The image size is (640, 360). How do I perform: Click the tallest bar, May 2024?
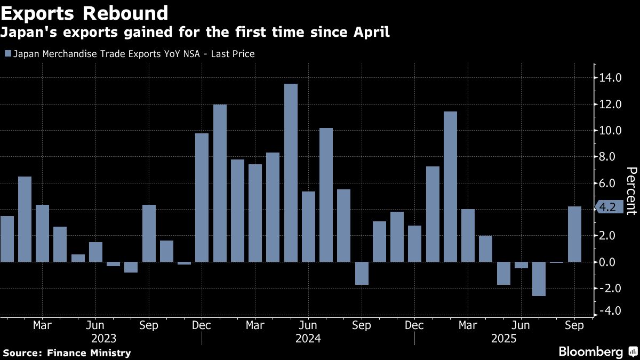[291, 173]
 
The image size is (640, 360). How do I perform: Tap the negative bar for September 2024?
[362, 273]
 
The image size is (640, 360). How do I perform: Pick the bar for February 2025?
[450, 187]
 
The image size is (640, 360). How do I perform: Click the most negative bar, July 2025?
[539, 278]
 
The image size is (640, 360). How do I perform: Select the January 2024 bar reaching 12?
[220, 183]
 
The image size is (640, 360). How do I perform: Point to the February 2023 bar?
[25, 219]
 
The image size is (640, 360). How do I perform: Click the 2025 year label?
[503, 338]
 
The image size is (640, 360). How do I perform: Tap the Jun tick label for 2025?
[521, 325]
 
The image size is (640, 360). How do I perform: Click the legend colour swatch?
[6, 53]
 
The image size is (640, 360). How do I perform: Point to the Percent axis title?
[631, 190]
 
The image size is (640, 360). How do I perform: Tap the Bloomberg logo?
[590, 351]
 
